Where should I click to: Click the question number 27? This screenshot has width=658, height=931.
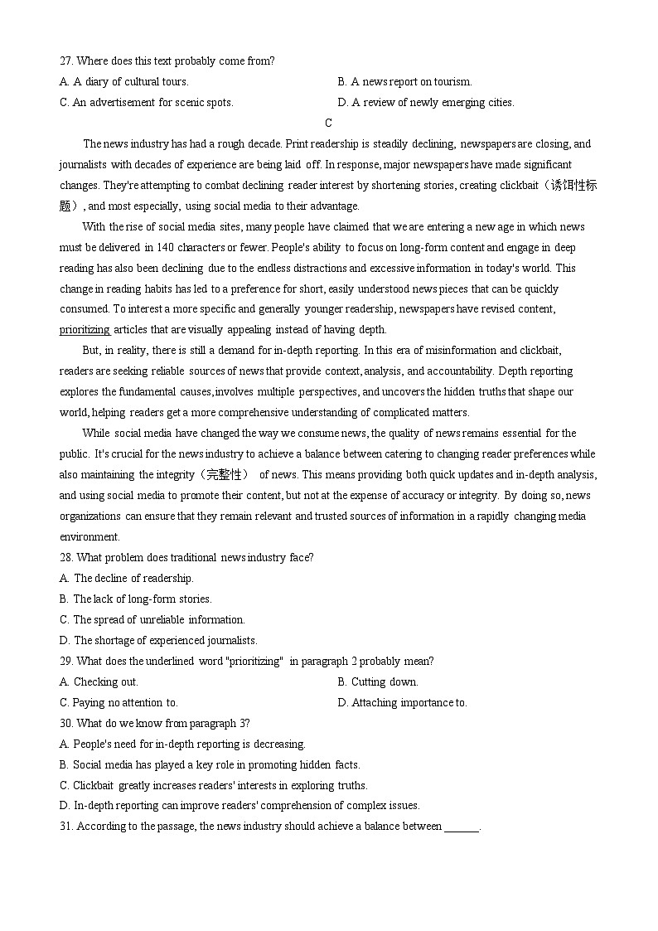[66, 61]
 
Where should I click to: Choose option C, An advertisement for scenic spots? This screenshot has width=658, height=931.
[147, 103]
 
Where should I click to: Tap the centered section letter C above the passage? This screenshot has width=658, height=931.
[328, 124]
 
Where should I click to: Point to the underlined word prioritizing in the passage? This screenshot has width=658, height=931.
[85, 330]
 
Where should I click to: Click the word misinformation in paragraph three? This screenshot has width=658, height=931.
[470, 351]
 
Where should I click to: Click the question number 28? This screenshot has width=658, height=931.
[66, 558]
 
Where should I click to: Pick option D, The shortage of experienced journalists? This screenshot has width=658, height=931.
[158, 641]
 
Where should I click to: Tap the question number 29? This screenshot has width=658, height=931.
[66, 662]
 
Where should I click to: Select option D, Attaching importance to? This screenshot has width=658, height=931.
[402, 703]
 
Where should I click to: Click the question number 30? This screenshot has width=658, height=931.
[66, 724]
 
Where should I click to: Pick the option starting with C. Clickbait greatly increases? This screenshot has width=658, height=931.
[213, 785]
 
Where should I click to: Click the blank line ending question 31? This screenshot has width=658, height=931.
[462, 827]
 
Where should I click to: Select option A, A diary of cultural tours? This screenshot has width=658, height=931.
[124, 82]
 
